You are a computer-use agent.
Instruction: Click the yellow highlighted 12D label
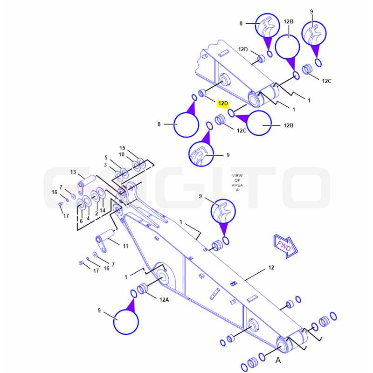click(223, 104)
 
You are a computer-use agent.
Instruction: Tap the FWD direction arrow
click(286, 247)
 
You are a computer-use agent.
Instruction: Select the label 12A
click(164, 300)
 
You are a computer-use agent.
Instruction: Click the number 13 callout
click(73, 172)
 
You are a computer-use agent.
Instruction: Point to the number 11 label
click(125, 246)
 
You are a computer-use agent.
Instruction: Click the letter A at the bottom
click(278, 360)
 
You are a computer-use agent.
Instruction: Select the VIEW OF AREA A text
click(237, 183)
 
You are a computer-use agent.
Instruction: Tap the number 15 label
click(122, 148)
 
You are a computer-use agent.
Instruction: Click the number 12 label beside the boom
click(271, 268)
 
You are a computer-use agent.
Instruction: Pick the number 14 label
click(103, 210)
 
